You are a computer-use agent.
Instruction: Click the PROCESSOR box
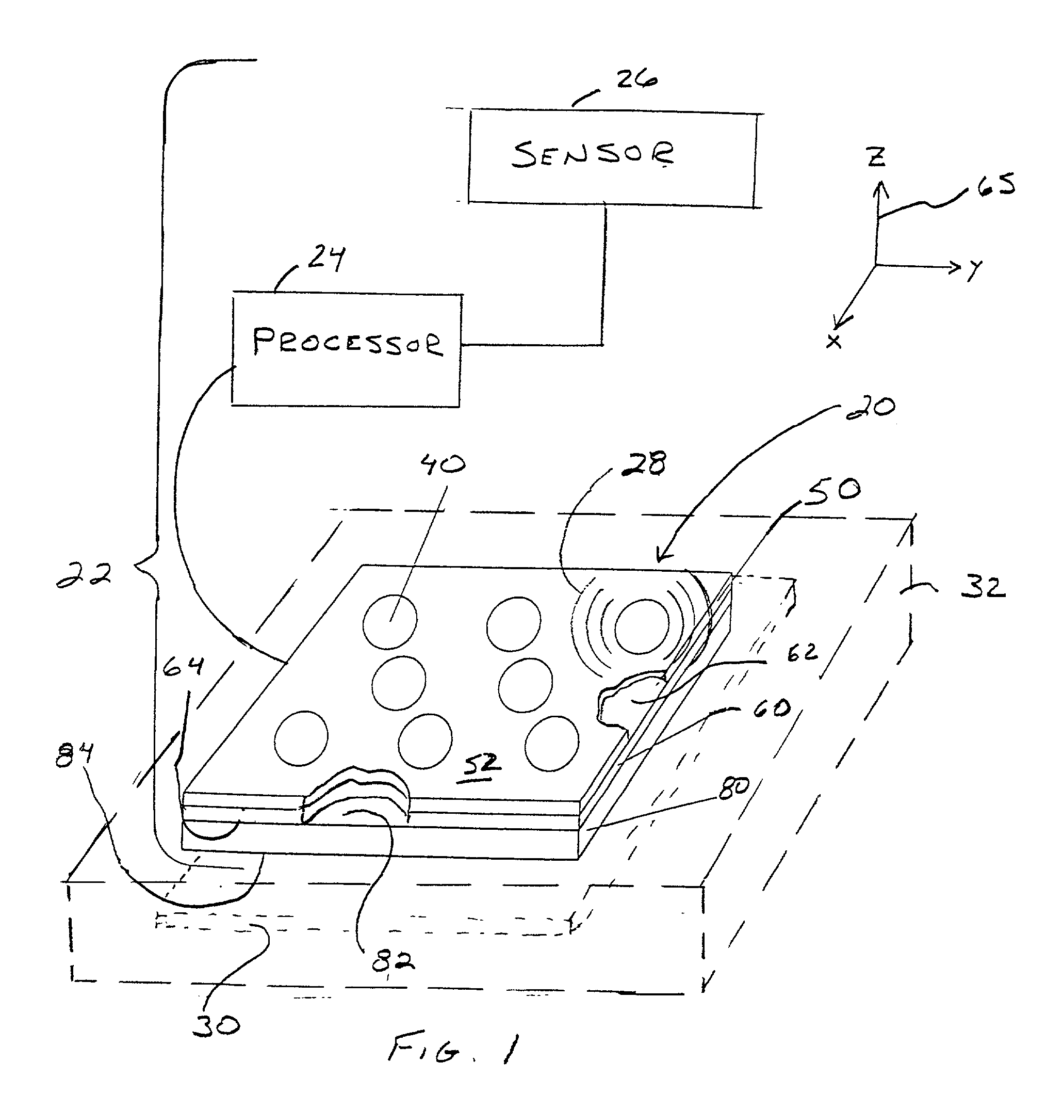347,349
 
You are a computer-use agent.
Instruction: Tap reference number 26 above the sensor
636,80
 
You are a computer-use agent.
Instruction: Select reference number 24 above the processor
326,259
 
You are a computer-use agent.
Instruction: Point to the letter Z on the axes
877,157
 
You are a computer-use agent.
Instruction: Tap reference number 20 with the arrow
870,408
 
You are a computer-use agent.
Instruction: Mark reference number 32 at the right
983,587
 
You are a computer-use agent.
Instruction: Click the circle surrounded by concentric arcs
642,626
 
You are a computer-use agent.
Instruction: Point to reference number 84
74,755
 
